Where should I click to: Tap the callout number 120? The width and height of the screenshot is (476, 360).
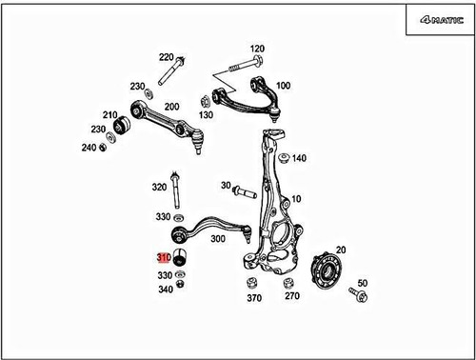257,49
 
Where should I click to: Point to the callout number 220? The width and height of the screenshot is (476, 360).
166,57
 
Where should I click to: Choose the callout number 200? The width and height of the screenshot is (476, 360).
172,107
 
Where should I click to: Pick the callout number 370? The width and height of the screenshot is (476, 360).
253,297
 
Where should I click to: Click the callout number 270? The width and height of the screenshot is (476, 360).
291,297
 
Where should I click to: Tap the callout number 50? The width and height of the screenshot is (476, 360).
361,283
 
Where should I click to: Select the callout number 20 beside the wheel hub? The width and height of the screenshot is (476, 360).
340,250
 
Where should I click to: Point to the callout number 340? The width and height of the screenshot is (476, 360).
165,290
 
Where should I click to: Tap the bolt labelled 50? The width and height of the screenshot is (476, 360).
360,297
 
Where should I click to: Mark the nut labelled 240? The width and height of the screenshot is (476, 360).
109,148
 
